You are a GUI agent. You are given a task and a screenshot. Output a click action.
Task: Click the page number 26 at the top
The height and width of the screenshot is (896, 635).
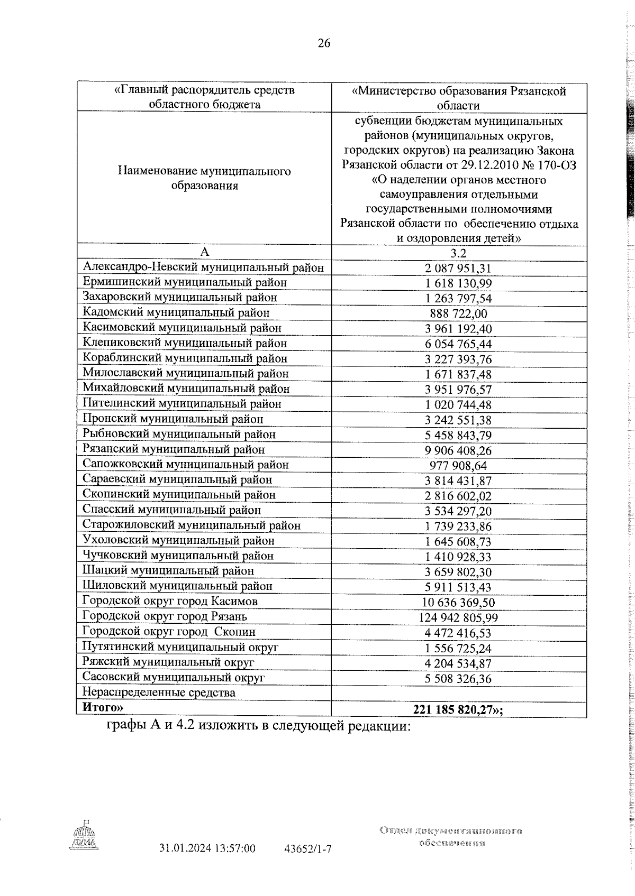pos(324,43)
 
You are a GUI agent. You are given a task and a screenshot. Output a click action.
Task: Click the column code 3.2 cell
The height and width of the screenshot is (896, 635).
pos(459,253)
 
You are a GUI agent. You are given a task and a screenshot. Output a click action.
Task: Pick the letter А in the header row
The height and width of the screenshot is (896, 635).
pos(204,252)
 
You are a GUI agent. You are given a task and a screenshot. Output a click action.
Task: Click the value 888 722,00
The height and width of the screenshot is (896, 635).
pos(459,313)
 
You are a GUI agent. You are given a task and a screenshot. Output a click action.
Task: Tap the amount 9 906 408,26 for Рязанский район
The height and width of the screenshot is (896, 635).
pos(459,450)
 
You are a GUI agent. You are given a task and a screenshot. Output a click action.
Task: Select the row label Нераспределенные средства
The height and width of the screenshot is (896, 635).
pos(159,692)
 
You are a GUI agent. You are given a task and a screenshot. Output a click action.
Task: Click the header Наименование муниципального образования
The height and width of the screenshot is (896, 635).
pos(204,179)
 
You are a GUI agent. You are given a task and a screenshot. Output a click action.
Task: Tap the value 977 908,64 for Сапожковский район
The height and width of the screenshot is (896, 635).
pos(459,465)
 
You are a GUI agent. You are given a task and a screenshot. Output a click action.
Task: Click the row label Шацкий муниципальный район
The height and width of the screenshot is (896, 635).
pos(168,571)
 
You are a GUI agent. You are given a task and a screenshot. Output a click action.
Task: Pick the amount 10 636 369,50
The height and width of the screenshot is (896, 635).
pos(459,602)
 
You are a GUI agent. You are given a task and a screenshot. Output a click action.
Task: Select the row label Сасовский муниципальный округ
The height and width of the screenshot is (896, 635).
pos(173,677)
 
